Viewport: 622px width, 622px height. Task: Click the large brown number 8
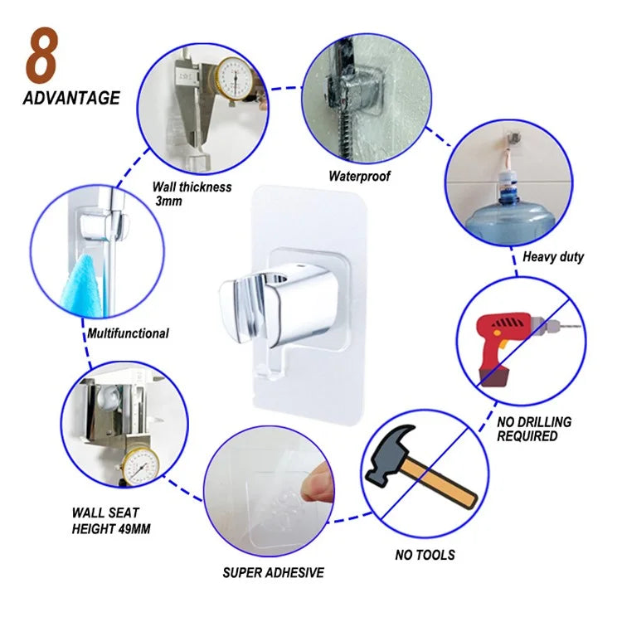point(42,55)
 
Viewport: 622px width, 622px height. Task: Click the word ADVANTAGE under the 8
point(71,99)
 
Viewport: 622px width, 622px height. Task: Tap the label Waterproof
point(359,176)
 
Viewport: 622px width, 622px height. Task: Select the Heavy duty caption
point(553,256)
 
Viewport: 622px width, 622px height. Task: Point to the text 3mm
point(168,202)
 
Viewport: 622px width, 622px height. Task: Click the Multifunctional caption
point(128,333)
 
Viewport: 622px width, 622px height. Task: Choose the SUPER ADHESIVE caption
point(274,572)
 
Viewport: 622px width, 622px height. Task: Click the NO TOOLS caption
point(425,555)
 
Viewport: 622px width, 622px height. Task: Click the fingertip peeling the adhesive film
point(318,485)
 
